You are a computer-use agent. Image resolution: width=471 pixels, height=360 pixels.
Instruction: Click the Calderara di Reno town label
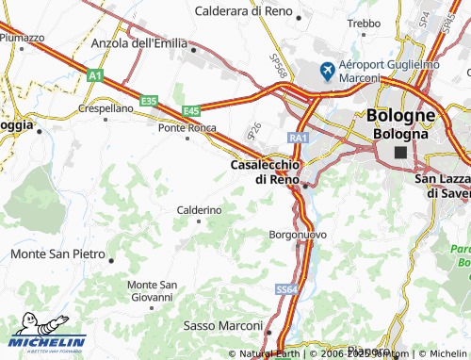click(x=242, y=11)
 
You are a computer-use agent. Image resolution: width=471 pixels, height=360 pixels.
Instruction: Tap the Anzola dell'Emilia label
click(x=139, y=43)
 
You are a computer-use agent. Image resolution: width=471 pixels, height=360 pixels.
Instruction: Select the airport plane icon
click(x=328, y=70)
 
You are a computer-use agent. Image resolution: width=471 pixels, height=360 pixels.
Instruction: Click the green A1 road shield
click(x=94, y=78)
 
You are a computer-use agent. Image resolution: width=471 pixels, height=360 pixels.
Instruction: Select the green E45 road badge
click(x=192, y=110)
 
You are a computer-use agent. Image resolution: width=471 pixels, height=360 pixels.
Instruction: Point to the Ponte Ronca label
click(x=187, y=128)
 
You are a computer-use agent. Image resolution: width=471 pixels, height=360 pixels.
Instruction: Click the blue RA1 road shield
click(x=299, y=139)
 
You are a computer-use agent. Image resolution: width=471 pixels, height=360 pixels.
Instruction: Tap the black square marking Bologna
click(x=401, y=152)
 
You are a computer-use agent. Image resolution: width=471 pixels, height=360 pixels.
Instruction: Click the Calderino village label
click(x=199, y=209)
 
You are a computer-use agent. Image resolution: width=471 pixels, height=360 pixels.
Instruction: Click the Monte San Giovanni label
click(x=153, y=291)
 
